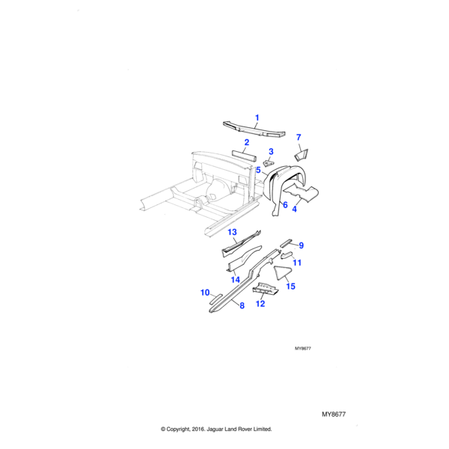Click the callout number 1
pyautogui.click(x=257, y=117)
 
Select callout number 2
pyautogui.click(x=245, y=141)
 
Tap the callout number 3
pyautogui.click(x=271, y=152)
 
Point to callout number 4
pyautogui.click(x=294, y=210)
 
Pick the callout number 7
pyautogui.click(x=298, y=138)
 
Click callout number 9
pyautogui.click(x=301, y=245)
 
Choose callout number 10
pyautogui.click(x=204, y=293)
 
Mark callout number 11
pyautogui.click(x=297, y=263)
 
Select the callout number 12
pyautogui.click(x=260, y=303)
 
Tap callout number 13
pyautogui.click(x=232, y=233)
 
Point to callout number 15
pyautogui.click(x=291, y=286)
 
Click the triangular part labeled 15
pyautogui.click(x=281, y=272)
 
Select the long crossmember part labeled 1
pyautogui.click(x=254, y=129)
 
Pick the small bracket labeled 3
pyautogui.click(x=270, y=161)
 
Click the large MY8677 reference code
pyautogui.click(x=337, y=414)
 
